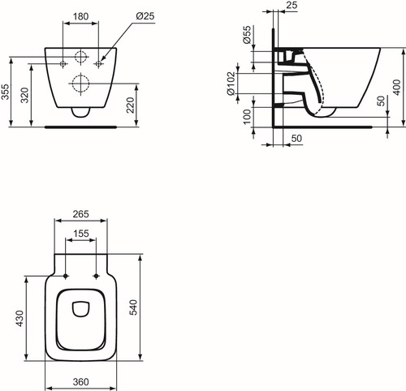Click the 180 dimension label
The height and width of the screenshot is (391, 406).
pyautogui.click(x=80, y=16)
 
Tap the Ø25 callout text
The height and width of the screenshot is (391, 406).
pyautogui.click(x=145, y=16)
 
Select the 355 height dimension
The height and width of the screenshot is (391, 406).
pyautogui.click(x=6, y=92)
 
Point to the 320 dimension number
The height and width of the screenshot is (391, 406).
pyautogui.click(x=25, y=95)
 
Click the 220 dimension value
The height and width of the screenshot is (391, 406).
pyautogui.click(x=131, y=105)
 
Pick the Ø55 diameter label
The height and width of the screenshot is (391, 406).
pyautogui.click(x=248, y=35)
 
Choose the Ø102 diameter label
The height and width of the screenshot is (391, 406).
pyautogui.click(x=231, y=84)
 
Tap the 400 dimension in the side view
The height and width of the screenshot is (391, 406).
pyautogui.click(x=396, y=87)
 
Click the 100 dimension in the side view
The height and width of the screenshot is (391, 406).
pyautogui.click(x=247, y=117)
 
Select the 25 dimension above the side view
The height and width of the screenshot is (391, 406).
pyautogui.click(x=292, y=5)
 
